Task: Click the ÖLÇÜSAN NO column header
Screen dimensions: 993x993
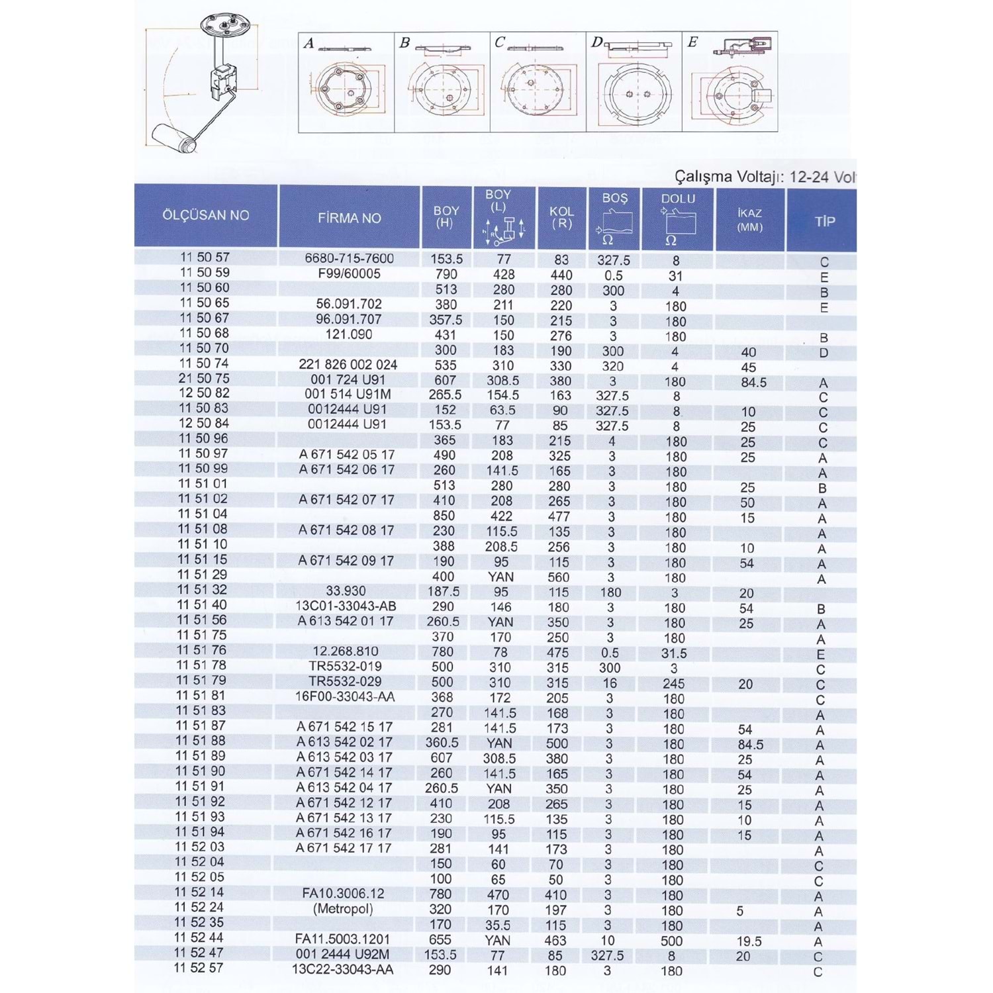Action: coord(206,215)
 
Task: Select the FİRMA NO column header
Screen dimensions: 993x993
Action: coord(349,218)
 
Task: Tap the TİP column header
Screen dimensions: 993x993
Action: coord(824,221)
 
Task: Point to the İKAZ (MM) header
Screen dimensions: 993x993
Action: coord(749,220)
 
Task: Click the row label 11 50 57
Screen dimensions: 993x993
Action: coord(205,257)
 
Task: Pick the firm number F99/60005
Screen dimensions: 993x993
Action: coord(349,273)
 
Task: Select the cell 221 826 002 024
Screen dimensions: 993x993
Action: coord(348,364)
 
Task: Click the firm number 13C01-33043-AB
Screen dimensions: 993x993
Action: coord(346,606)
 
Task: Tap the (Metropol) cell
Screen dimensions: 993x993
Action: coord(343,909)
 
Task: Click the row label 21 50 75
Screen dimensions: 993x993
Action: coord(204,378)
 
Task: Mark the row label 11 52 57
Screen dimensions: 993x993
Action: coord(199,968)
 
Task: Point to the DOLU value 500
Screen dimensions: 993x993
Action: coord(671,941)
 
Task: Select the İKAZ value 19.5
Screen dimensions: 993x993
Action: coord(749,941)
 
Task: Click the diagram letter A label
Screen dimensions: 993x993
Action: coord(308,44)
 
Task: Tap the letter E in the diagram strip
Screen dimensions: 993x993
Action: coord(692,42)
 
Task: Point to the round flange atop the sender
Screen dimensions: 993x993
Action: coord(227,26)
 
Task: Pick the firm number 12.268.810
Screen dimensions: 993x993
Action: coord(346,651)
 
